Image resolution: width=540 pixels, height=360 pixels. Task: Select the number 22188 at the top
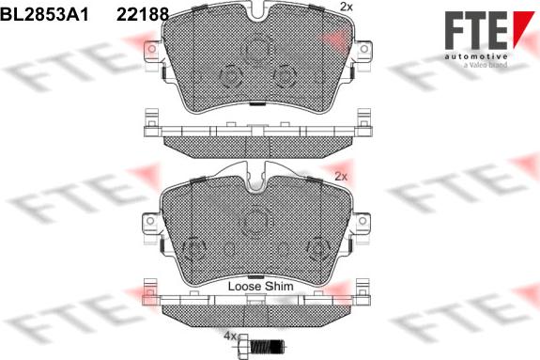(x=142, y=13)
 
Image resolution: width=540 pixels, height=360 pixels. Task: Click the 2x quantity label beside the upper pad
(x=345, y=8)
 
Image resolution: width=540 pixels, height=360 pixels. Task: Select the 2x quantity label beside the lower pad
(x=341, y=176)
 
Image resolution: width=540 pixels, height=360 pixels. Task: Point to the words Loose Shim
(x=262, y=285)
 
